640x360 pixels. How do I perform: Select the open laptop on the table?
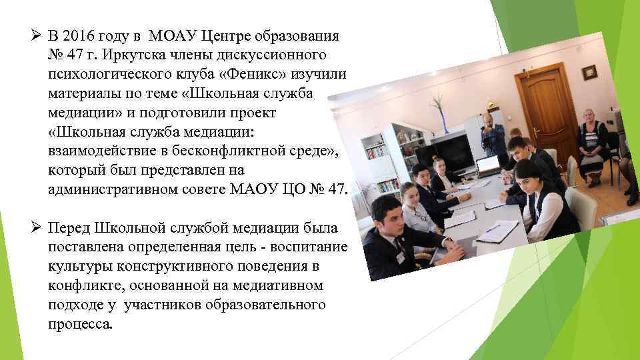click(488, 167)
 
